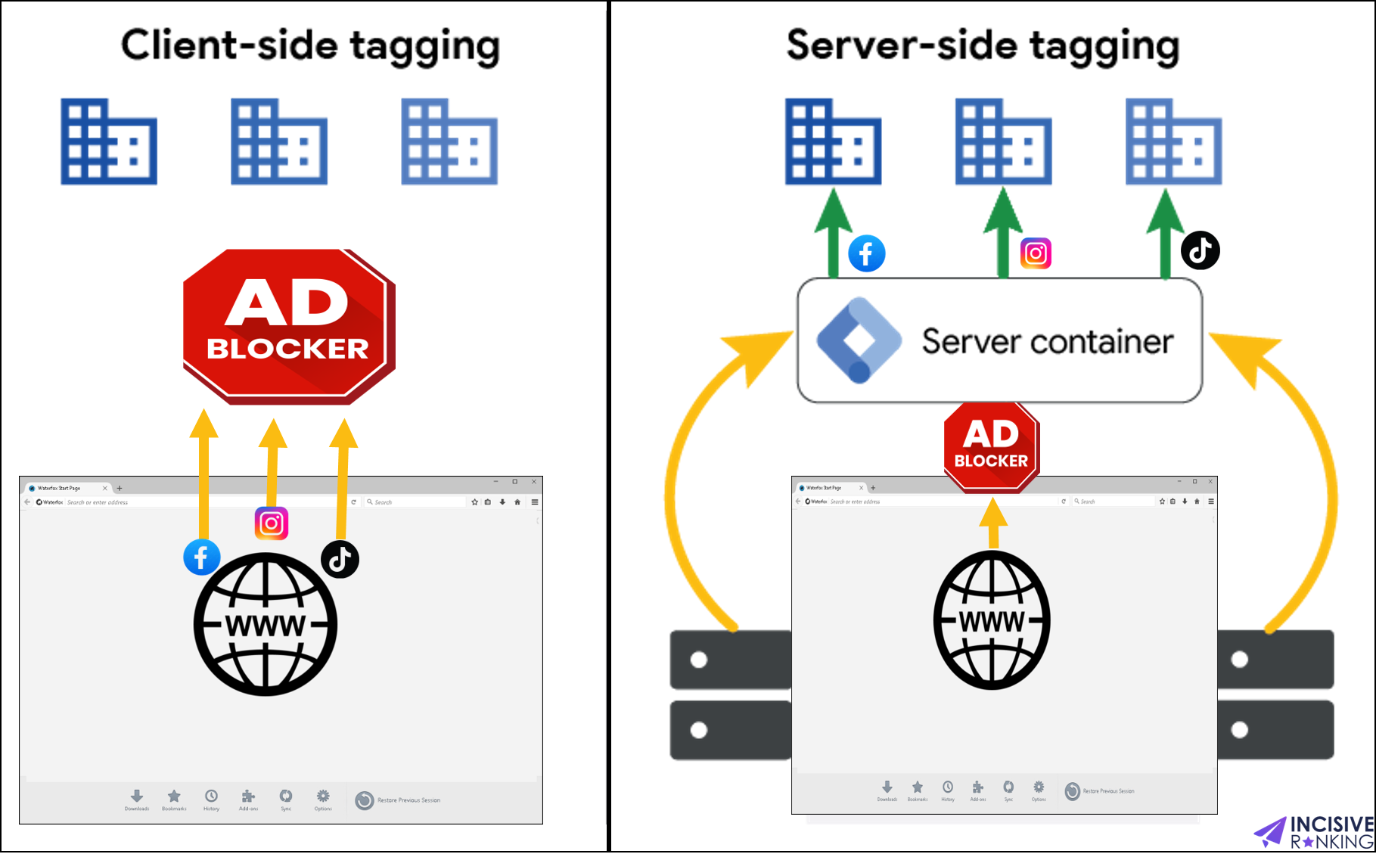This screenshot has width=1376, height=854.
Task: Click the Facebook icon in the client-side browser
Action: coord(202,557)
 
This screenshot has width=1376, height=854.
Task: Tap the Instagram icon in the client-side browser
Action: coord(272,523)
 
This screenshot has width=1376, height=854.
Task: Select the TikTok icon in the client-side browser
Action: coord(340,560)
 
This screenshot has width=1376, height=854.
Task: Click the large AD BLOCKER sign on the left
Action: coord(288,325)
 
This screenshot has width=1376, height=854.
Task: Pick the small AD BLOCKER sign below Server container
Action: coord(991,446)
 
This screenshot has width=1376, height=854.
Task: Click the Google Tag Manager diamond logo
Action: coord(859,340)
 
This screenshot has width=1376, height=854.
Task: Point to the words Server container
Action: coord(1048,342)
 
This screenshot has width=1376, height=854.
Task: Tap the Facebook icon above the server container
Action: coord(867,253)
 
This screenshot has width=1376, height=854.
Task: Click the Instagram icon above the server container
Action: coord(1036,253)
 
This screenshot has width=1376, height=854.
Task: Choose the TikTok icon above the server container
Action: coord(1201,250)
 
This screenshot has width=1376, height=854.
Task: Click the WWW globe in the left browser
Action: coord(266,624)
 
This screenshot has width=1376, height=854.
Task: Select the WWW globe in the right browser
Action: coord(992,620)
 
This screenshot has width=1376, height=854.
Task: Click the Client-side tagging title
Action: coord(310,45)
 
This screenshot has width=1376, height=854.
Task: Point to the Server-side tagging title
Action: coord(983,45)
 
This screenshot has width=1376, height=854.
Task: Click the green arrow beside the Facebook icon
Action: coord(833,234)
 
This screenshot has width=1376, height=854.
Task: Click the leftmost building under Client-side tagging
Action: coord(109,142)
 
